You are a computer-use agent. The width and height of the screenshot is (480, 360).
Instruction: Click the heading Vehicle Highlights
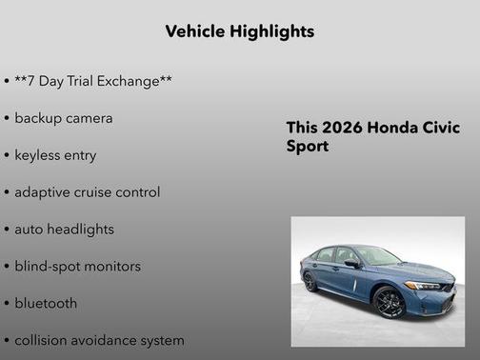coord(239,31)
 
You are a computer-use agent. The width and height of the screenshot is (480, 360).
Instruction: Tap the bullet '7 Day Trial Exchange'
coord(93,81)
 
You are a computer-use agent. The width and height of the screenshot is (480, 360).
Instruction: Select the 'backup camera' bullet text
coord(64,118)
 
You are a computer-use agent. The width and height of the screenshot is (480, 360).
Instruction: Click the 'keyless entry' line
coord(55,155)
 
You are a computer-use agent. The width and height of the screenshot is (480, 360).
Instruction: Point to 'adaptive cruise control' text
coord(87,192)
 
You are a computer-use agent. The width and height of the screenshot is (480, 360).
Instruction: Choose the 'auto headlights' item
coord(64,230)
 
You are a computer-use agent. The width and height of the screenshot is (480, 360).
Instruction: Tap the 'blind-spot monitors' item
coord(77,267)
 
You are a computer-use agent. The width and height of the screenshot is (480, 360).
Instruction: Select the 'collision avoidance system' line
coord(99,340)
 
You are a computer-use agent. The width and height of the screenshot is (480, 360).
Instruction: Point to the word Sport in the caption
coord(308,148)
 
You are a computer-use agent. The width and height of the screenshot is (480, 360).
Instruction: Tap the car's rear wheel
coord(310,282)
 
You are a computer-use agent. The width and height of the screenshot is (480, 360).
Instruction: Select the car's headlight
coord(425,285)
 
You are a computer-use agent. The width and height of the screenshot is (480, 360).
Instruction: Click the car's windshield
coord(377,255)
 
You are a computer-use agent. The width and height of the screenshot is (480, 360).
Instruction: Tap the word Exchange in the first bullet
coord(132,81)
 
